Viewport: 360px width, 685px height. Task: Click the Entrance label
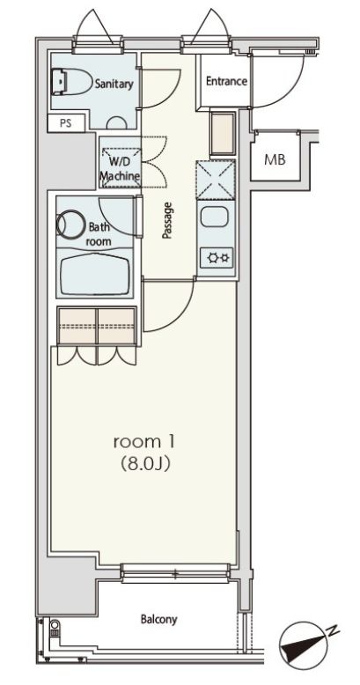225,82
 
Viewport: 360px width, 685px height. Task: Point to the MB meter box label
275,160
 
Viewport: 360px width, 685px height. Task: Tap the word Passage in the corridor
166,220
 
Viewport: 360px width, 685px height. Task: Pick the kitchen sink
217,217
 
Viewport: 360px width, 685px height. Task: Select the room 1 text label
140,441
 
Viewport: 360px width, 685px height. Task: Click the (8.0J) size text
140,463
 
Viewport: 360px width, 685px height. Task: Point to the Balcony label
158,620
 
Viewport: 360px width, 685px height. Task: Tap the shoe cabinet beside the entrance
221,132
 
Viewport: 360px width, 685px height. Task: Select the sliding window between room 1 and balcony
176,576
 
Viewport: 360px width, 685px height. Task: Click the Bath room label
98,232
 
